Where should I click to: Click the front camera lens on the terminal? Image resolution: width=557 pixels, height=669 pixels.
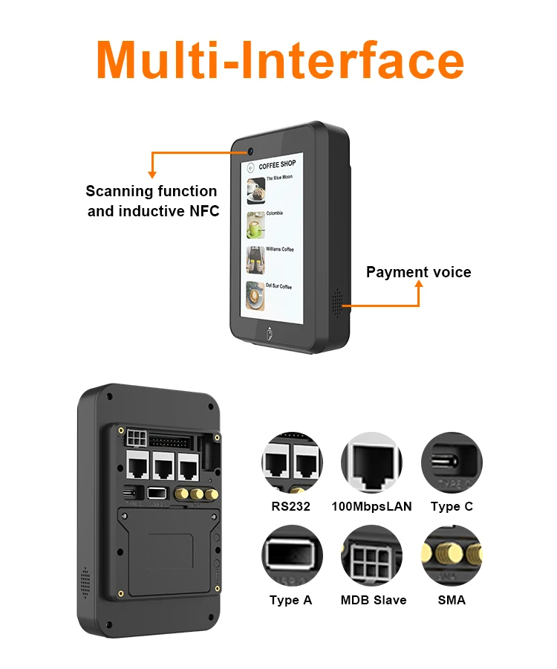click(251, 149)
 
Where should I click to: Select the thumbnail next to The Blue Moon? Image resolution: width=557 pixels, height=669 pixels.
click(256, 189)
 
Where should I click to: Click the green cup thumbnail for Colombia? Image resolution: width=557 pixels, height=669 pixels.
click(256, 224)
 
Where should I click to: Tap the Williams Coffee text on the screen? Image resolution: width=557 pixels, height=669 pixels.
click(280, 249)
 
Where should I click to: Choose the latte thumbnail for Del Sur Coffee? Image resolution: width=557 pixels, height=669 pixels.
click(256, 295)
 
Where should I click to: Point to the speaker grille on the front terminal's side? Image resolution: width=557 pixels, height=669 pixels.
click(341, 301)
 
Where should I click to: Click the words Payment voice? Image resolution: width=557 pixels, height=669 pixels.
click(418, 272)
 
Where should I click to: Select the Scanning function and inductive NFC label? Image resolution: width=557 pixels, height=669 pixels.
click(153, 201)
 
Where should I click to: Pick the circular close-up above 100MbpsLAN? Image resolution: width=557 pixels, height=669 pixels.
click(371, 463)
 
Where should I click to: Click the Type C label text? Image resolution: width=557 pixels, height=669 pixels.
click(452, 507)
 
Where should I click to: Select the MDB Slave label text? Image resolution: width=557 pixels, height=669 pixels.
click(373, 600)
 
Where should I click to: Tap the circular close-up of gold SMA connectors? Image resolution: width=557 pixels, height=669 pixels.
click(452, 556)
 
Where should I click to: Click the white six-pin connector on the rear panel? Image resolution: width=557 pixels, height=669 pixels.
click(136, 435)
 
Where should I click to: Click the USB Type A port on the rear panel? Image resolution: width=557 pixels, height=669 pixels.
click(157, 492)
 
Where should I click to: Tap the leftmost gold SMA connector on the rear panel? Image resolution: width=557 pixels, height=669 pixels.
click(181, 493)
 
